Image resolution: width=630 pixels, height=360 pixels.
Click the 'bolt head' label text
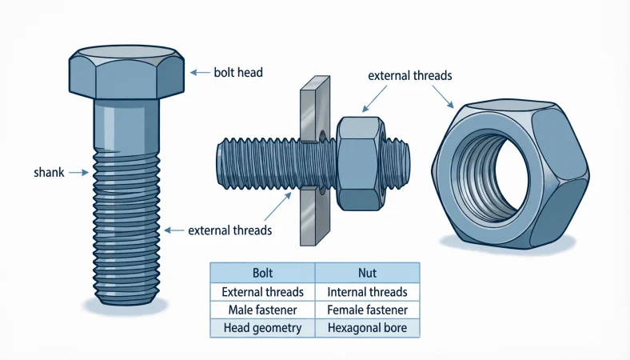coord(238,73)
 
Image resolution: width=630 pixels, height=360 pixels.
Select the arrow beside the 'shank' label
coord(78,171)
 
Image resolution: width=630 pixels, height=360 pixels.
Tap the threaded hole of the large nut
coord(490,171)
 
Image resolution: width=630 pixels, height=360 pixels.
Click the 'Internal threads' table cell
coord(367,292)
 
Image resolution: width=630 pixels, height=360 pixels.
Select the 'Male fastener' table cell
coord(262,310)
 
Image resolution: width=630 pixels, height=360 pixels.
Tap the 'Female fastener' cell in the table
coord(367,310)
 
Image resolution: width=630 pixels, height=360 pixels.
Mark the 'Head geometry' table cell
coord(262,328)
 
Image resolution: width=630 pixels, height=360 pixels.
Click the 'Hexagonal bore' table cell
coord(367,328)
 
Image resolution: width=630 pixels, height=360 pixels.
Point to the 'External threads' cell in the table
coord(262,292)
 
